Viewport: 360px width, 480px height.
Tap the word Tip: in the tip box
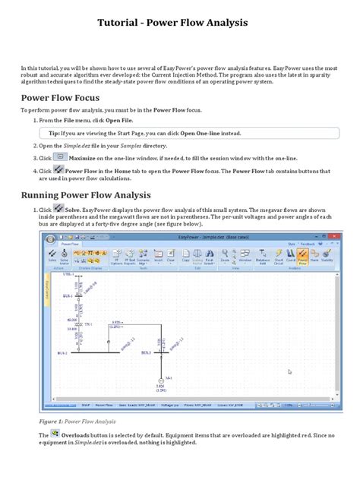coord(52,131)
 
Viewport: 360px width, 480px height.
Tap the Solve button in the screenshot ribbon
coord(53,255)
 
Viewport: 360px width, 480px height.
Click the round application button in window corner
coord(50,240)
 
